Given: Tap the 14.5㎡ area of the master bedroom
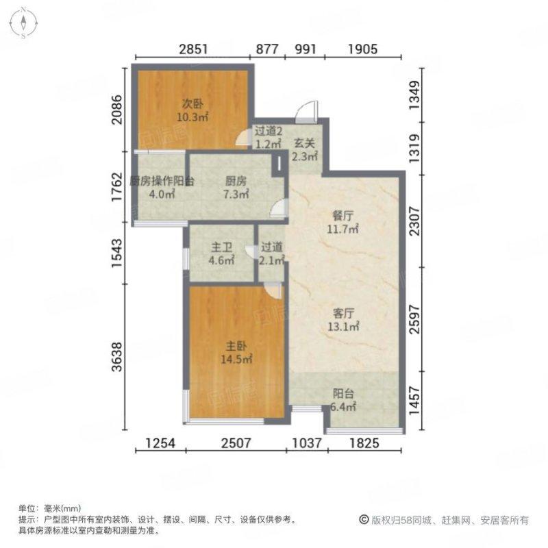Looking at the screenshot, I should [234, 358].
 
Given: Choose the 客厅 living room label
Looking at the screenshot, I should [342, 313].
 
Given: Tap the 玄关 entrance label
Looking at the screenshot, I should [305, 144].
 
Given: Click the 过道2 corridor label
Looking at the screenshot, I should [268, 132].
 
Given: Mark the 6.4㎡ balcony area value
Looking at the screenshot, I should [344, 407].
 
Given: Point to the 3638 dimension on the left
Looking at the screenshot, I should [118, 356].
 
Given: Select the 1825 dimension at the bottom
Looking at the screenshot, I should [364, 444].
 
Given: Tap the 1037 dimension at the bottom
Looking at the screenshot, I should [306, 444].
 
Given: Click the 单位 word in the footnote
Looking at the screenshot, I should [27, 508].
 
